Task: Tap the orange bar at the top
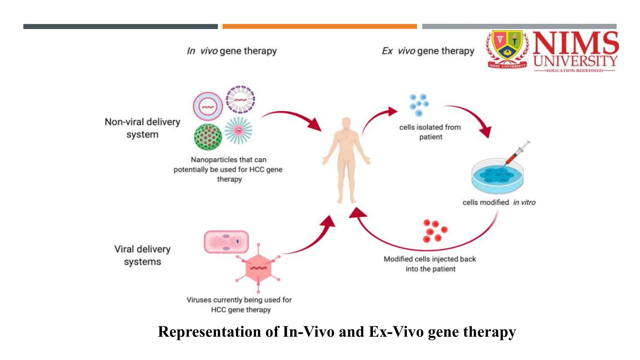(319, 27)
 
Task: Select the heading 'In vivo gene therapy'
(232, 51)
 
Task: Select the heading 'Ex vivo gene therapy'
(428, 51)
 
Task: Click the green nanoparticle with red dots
(208, 137)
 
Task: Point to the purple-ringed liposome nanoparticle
(240, 99)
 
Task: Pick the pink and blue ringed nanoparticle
(208, 107)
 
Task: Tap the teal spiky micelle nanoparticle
(238, 130)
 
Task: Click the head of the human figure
(346, 124)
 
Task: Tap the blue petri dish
(497, 177)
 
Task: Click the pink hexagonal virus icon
(258, 268)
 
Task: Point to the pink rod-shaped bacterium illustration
(226, 242)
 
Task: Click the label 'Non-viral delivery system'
(142, 128)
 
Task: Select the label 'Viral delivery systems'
(142, 255)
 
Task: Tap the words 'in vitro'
(524, 202)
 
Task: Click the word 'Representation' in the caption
(209, 332)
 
